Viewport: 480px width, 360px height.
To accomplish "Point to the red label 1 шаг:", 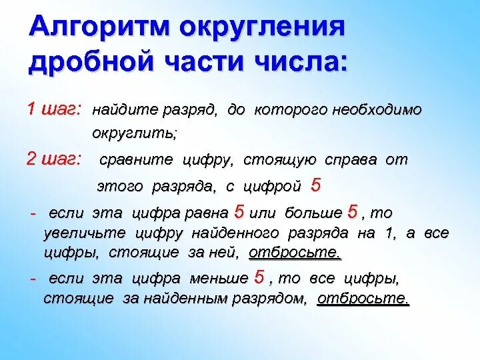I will (54, 108).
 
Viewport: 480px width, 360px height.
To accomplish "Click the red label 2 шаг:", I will (54, 159).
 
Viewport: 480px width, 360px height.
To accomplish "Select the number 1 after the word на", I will (389, 233).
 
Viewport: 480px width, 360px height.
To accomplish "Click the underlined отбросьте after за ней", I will (295, 253).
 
